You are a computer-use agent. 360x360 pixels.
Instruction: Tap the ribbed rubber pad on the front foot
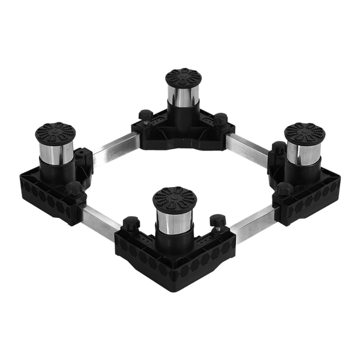[174, 196]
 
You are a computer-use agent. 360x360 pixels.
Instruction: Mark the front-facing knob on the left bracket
[73, 189]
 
